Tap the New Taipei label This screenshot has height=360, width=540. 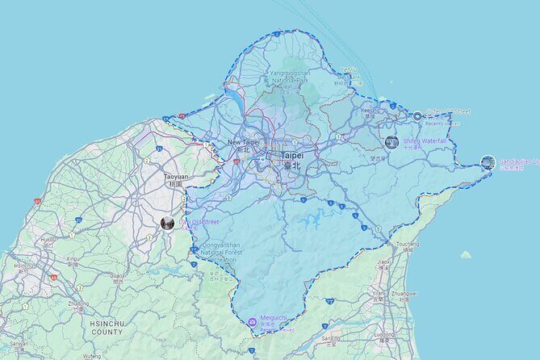[245, 142]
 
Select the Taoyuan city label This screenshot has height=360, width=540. [175, 175]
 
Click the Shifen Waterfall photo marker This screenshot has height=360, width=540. [391, 143]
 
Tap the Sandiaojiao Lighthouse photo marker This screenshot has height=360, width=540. [488, 162]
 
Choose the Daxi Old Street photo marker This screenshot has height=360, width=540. [167, 223]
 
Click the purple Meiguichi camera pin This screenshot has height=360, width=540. [253, 322]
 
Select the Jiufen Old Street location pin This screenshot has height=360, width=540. [417, 115]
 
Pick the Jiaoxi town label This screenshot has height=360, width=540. [386, 262]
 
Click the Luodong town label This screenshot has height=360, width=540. [383, 331]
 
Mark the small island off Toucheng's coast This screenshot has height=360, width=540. [466, 254]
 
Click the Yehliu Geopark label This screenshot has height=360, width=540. [349, 71]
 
